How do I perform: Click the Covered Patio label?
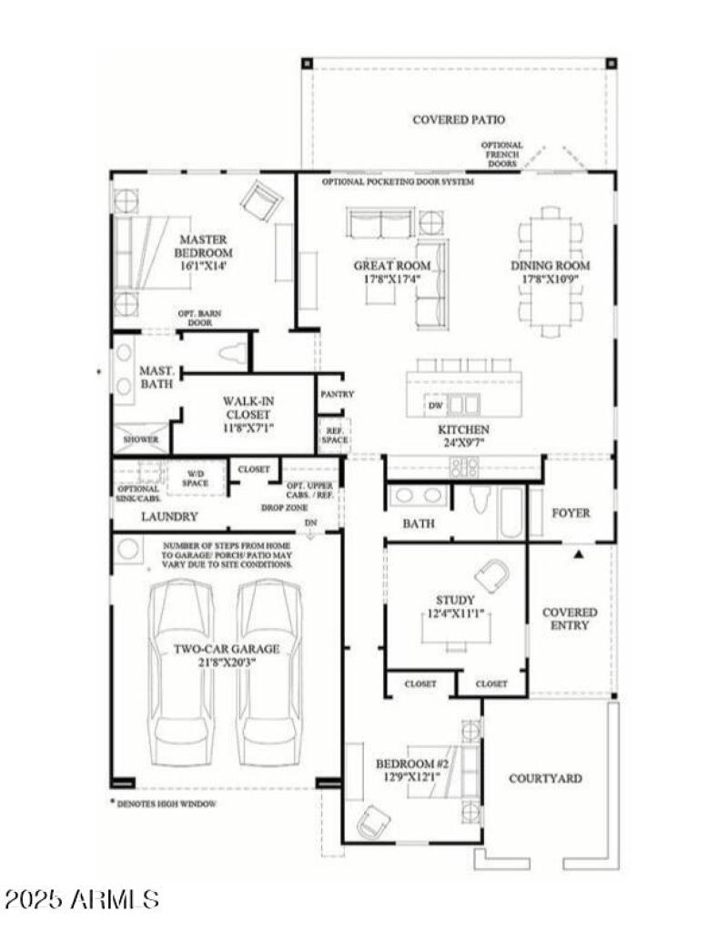[x=458, y=119]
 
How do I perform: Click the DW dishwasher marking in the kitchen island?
[x=436, y=405]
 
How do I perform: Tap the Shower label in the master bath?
[x=141, y=440]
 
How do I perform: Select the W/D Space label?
[x=197, y=477]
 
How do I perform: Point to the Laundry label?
[x=169, y=516]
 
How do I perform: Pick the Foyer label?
[x=571, y=512]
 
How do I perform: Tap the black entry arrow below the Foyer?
[x=577, y=552]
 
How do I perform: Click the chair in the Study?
[x=491, y=575]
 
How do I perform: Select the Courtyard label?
[x=544, y=778]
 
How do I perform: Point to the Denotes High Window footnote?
[x=164, y=804]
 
